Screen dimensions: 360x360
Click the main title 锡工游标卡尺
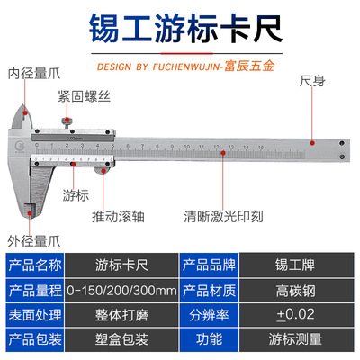click(x=185, y=29)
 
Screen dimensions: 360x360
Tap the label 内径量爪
click(x=34, y=74)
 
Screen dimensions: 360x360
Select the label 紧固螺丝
click(x=85, y=96)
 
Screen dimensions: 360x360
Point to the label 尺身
click(x=312, y=81)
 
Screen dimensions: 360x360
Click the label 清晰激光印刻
click(x=223, y=216)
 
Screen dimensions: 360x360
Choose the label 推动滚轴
click(x=118, y=216)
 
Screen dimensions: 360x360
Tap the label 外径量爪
click(x=34, y=241)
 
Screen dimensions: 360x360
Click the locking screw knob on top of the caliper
click(x=67, y=121)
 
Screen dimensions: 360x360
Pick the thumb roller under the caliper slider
click(x=103, y=170)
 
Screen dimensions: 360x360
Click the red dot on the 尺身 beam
click(x=312, y=143)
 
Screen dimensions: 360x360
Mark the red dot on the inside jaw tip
click(x=25, y=113)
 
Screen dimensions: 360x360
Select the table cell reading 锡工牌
click(x=296, y=265)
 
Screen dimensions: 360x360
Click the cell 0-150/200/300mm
click(x=121, y=291)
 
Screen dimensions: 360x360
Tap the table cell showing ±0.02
click(x=296, y=315)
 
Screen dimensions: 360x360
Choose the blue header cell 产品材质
click(x=209, y=291)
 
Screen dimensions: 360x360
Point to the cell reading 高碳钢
click(x=296, y=291)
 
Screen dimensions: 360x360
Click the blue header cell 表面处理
click(x=35, y=315)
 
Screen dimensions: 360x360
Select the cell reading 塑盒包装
click(x=121, y=339)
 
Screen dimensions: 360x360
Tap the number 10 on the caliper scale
click(x=187, y=147)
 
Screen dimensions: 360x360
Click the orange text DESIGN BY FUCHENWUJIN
click(x=159, y=67)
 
